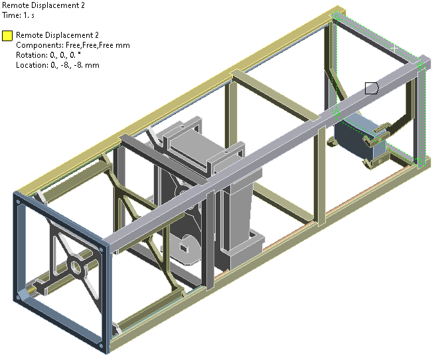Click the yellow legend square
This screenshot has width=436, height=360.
coord(7,36)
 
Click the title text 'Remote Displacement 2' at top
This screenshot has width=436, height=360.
coord(43,5)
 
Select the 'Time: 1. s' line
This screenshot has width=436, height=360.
coord(19,15)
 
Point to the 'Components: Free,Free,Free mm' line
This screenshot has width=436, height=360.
coord(73,45)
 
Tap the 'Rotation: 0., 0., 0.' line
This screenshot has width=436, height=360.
coord(48,55)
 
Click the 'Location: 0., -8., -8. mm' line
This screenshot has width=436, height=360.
coord(58,65)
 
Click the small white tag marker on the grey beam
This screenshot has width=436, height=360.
coord(372,88)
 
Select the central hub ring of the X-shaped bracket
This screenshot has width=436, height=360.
coord(76,267)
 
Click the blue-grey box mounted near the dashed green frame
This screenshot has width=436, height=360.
coord(359,136)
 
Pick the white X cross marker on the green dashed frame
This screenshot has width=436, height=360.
coord(394,48)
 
